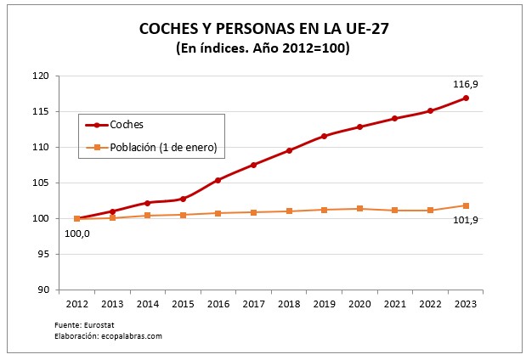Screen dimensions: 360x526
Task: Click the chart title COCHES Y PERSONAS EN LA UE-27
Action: [x=263, y=30]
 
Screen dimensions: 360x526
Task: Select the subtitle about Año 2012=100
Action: [x=263, y=48]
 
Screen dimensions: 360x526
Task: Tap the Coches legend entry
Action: [x=127, y=125]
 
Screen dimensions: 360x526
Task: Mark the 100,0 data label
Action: [x=76, y=233]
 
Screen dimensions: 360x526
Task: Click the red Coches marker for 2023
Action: [x=467, y=98]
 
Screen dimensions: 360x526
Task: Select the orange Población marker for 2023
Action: [x=467, y=205]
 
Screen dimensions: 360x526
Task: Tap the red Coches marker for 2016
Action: [x=218, y=180]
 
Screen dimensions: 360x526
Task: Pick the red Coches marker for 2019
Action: [x=325, y=136]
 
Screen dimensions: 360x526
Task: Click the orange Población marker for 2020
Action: [x=360, y=209]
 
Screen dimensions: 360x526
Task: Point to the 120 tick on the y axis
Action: [x=40, y=76]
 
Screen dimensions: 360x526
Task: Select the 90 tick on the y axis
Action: [x=42, y=290]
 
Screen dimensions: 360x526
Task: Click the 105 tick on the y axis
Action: [x=40, y=183]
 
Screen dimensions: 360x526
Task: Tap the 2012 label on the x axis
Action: [x=76, y=302]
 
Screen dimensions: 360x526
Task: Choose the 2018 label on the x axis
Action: [x=289, y=302]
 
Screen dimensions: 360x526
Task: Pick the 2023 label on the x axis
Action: [x=467, y=302]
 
